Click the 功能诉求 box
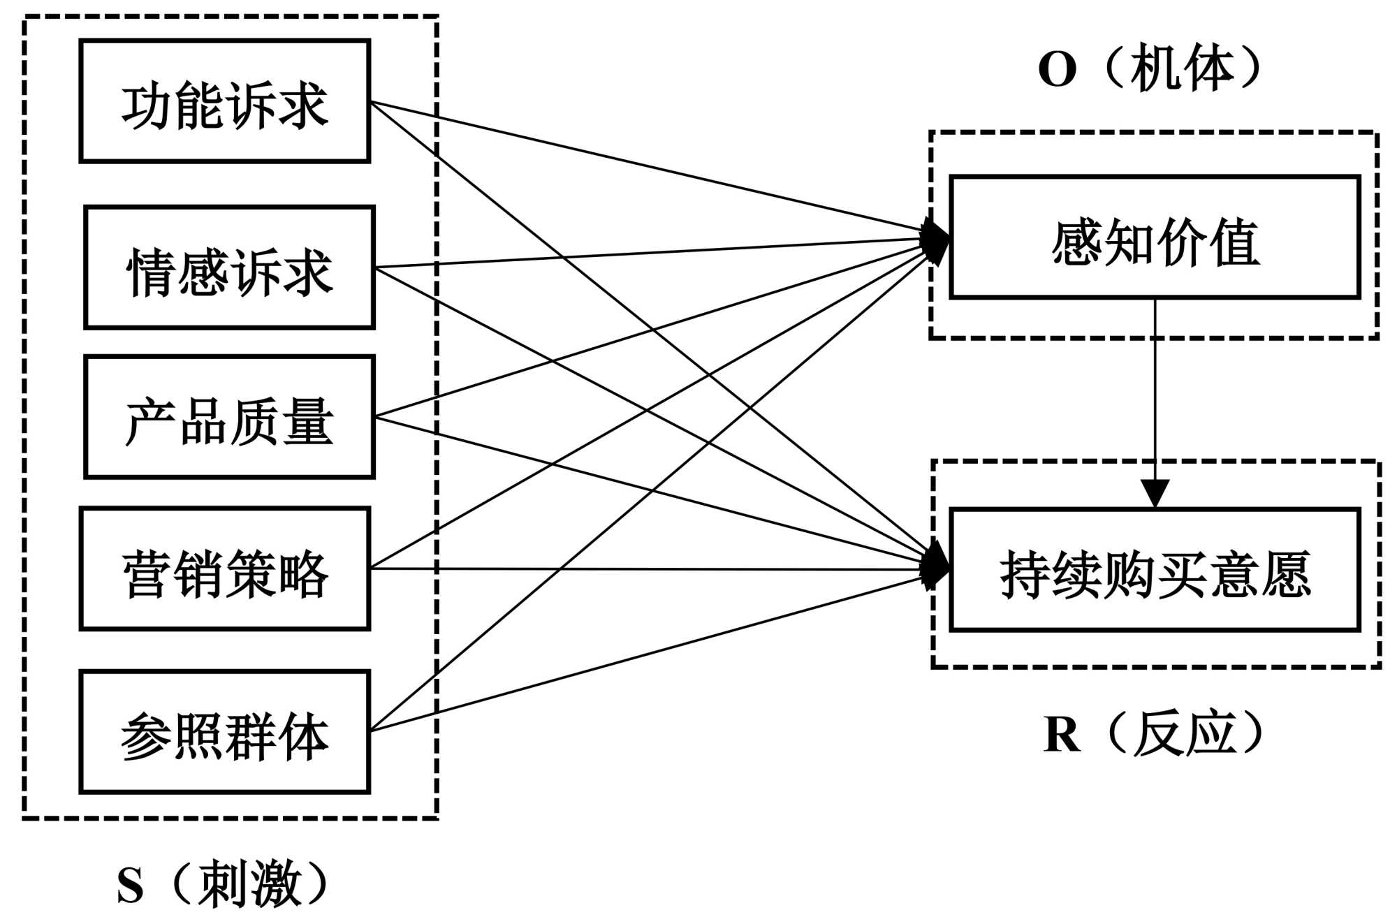tap(225, 101)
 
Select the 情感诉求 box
tap(229, 267)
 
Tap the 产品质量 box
tap(229, 418)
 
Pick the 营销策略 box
tap(225, 569)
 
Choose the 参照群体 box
tap(225, 732)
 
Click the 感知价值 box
tap(1155, 237)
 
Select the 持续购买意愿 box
tap(1155, 570)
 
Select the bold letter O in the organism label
tap(1057, 70)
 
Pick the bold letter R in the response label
tap(1062, 735)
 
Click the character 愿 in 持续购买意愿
tap(1286, 574)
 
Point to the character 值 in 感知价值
tap(1235, 242)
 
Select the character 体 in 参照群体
tap(303, 736)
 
